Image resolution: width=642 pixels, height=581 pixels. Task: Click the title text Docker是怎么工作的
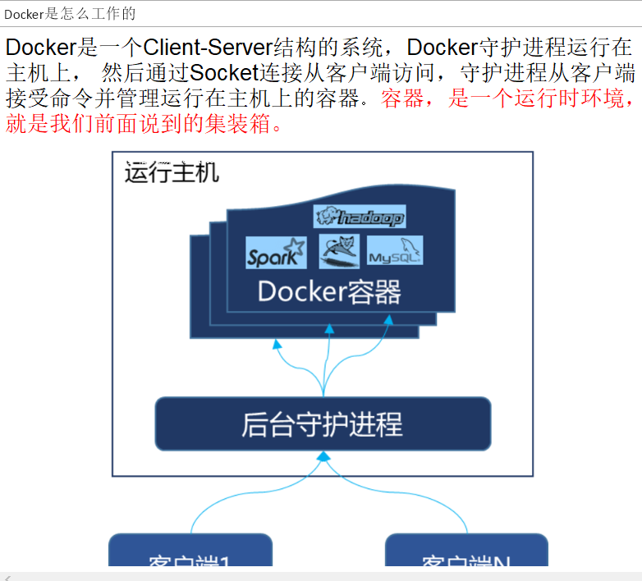pos(70,14)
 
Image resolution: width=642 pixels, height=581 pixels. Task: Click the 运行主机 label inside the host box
pos(172,173)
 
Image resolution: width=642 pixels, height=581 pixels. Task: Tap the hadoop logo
pos(360,217)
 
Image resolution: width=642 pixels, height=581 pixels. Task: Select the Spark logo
pos(276,253)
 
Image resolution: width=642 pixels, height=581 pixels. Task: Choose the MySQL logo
pos(394,251)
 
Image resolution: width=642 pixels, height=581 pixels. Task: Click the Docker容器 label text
pos(329,291)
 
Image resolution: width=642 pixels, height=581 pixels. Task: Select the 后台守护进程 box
pos(323,424)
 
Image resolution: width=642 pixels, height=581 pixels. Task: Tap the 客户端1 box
pos(190,554)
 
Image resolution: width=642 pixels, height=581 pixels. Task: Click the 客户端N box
pos(465,554)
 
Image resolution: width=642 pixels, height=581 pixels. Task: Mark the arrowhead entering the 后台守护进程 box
pos(323,456)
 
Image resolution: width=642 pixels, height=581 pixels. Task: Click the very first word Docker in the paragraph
pos(40,47)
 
